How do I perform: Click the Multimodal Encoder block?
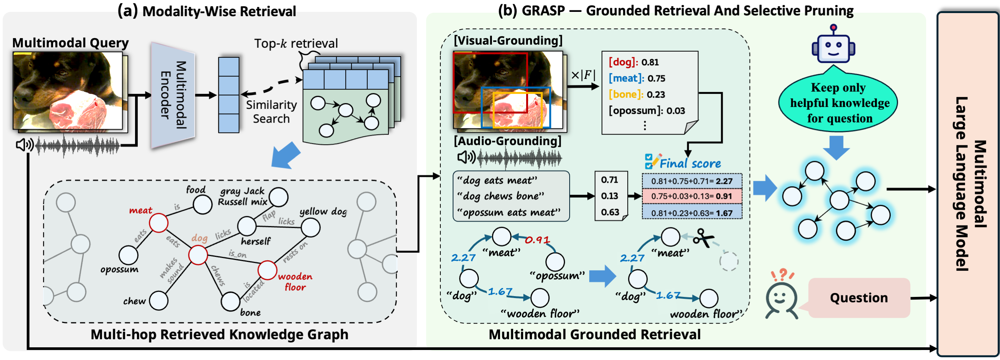173,95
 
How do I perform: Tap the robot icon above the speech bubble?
833,45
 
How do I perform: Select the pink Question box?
859,298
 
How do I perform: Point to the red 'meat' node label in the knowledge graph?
140,210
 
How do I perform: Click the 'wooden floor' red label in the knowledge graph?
295,282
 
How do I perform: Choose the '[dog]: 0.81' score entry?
633,62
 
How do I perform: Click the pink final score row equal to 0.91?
692,196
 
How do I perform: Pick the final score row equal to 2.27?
692,181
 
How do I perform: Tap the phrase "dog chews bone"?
501,196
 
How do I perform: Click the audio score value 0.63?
610,212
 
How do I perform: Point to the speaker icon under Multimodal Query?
25,145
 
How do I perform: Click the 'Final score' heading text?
690,163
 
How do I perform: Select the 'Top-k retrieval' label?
296,43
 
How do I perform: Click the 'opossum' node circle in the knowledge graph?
128,255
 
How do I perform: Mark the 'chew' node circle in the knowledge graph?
159,301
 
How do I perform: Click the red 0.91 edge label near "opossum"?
537,240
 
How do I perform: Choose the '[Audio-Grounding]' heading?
507,141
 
